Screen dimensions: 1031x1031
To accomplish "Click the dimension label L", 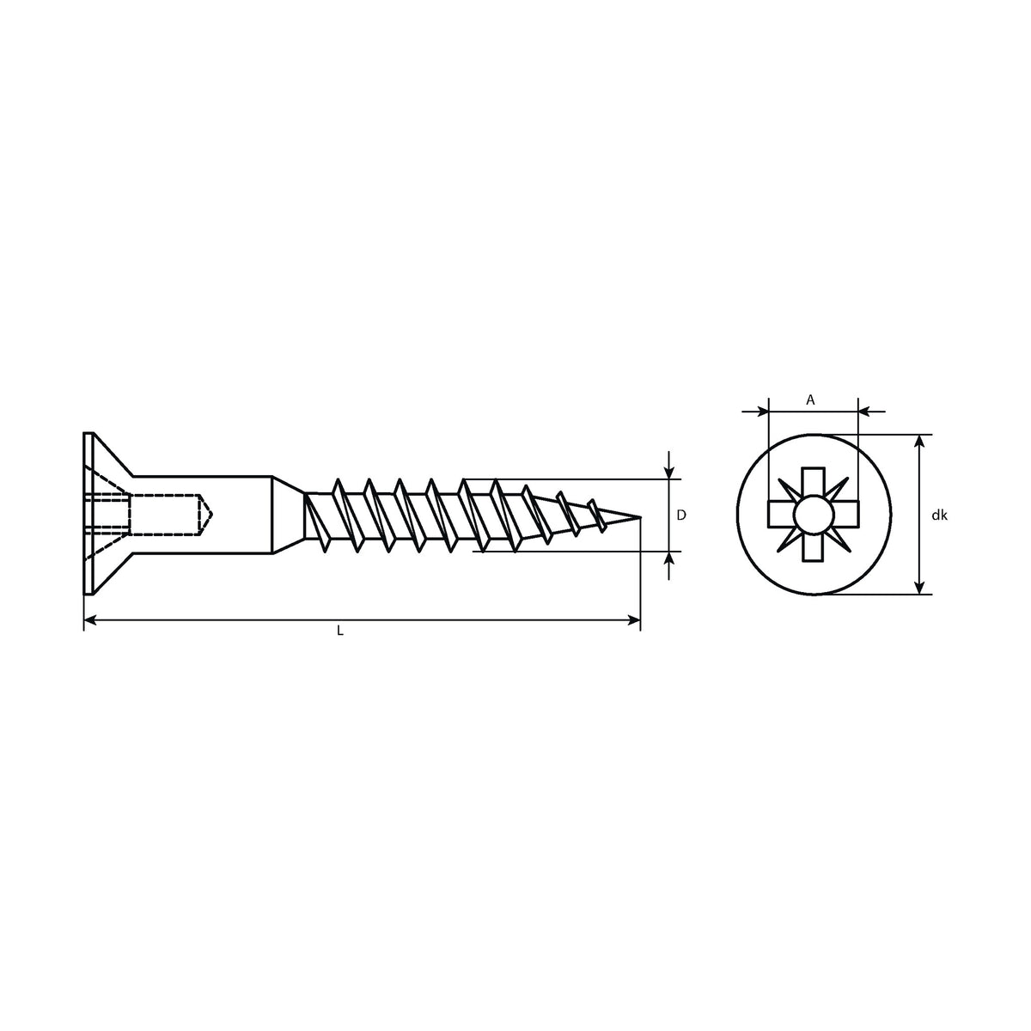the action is tap(339, 631).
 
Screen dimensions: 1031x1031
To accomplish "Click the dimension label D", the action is tap(681, 515).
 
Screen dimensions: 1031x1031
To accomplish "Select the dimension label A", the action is tap(810, 400).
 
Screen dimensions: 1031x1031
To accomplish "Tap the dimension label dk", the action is tap(940, 515).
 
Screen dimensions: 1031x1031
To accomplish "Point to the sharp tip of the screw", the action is tap(640, 517).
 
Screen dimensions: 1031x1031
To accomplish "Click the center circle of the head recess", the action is tap(814, 515).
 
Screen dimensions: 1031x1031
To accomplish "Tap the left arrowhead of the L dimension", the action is tap(90, 620).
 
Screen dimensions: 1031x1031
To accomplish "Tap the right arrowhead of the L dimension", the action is tap(634, 620).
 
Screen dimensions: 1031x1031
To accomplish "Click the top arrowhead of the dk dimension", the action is tap(919, 441).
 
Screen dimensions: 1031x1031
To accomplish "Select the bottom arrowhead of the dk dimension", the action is tap(919, 588).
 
